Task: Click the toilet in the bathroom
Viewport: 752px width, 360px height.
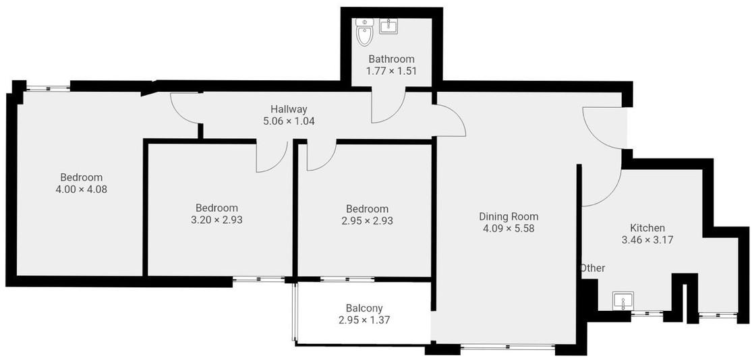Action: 365,32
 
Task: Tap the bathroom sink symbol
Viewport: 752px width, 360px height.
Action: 388,26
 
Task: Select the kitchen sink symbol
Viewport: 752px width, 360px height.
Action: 623,301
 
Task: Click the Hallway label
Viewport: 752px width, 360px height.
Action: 289,109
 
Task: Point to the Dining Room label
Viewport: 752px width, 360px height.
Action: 509,216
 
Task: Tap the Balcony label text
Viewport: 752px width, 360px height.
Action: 364,308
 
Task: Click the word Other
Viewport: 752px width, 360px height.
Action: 594,268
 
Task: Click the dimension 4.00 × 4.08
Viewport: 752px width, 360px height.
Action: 82,189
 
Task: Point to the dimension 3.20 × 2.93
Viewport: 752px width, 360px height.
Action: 216,220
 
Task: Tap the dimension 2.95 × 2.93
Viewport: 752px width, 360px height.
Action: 367,221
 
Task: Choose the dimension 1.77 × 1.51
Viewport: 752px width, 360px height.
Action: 391,71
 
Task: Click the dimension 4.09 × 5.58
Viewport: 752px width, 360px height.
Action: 509,229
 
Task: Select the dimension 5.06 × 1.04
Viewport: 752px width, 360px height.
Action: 289,121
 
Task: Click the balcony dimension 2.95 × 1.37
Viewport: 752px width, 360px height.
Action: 364,320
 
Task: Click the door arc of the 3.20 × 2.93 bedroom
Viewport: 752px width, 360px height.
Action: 280,163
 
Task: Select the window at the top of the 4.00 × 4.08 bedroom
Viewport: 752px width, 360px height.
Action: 48,88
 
